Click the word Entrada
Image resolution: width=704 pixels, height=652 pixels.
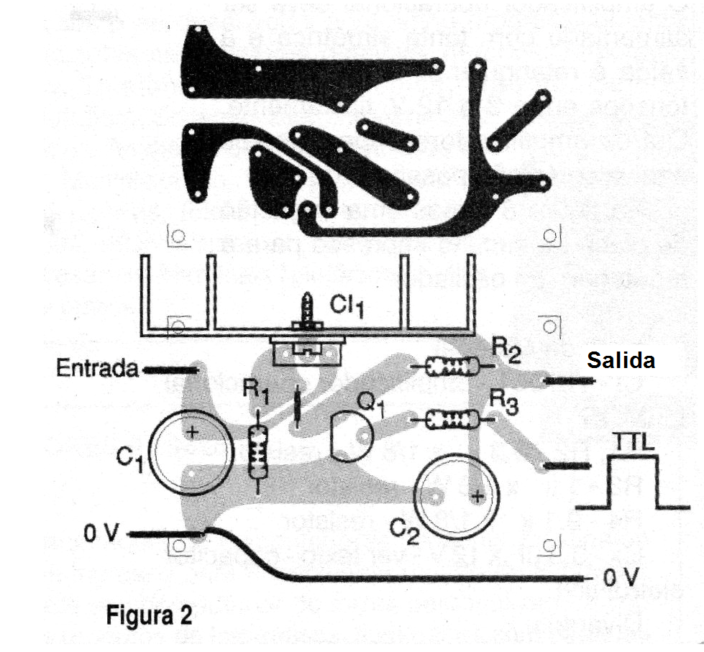pyautogui.click(x=97, y=369)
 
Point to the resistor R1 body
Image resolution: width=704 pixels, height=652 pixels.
pyautogui.click(x=257, y=453)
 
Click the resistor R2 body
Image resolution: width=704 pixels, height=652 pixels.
pyautogui.click(x=452, y=367)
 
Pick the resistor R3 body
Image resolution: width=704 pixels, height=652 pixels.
pyautogui.click(x=452, y=418)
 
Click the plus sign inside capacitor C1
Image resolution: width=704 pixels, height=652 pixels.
pyautogui.click(x=192, y=432)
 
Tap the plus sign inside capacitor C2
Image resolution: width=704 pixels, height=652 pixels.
pyautogui.click(x=475, y=496)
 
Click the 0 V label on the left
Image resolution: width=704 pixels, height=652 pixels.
pyautogui.click(x=100, y=534)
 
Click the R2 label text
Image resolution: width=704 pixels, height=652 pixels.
pyautogui.click(x=506, y=350)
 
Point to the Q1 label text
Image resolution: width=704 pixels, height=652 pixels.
pyautogui.click(x=372, y=407)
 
